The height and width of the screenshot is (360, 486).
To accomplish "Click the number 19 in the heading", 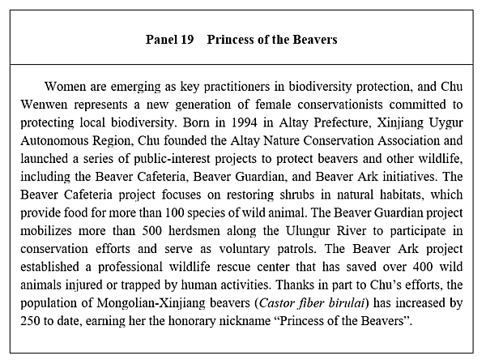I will coord(186,39).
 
